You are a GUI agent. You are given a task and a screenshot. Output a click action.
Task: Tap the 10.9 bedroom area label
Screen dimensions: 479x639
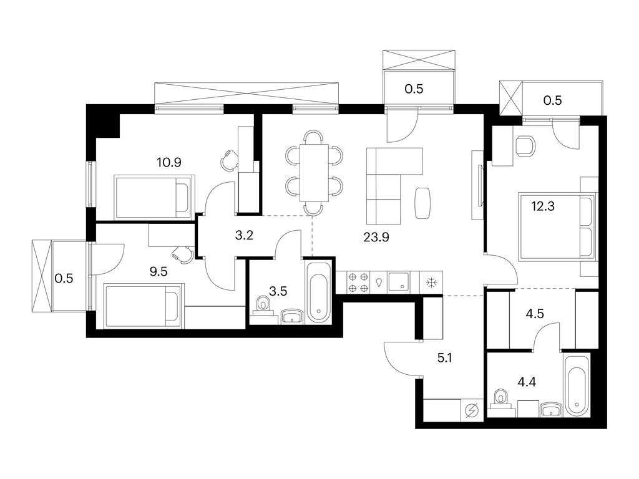click(x=169, y=163)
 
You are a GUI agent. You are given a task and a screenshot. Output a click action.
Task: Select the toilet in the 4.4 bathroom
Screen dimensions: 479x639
click(x=500, y=397)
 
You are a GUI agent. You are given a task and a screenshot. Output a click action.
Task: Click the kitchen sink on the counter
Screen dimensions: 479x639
click(x=399, y=282)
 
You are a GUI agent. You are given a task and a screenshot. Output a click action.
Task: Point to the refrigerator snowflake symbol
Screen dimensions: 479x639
click(x=431, y=283)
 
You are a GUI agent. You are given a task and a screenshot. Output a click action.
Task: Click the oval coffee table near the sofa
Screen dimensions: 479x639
click(x=422, y=203)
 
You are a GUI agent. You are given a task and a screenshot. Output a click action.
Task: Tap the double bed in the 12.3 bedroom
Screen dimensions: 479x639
click(x=557, y=226)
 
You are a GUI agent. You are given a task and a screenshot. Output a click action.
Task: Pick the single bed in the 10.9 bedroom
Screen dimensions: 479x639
click(x=153, y=196)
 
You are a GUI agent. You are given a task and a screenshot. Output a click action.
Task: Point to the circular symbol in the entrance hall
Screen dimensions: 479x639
click(x=472, y=410)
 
